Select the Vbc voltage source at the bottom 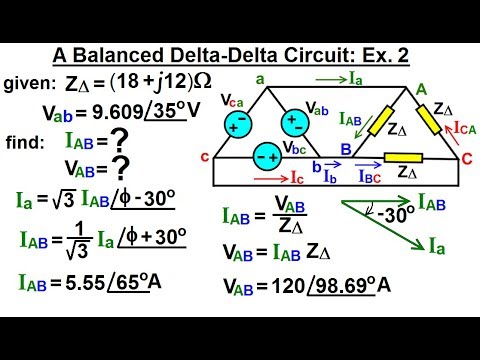266,157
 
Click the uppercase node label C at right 467,158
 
